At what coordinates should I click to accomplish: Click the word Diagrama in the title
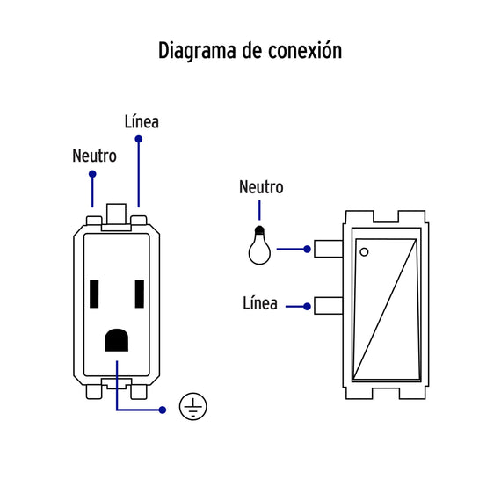point(197,51)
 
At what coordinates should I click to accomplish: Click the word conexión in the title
point(305,50)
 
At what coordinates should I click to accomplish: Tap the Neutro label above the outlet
point(94,156)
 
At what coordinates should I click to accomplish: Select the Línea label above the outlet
point(142,122)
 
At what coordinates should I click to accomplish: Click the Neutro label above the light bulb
point(261,187)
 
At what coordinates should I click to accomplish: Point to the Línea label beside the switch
point(260,303)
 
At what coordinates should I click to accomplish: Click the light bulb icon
point(259,245)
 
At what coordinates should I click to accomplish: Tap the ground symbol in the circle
point(193,406)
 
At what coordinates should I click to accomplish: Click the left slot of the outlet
point(94,294)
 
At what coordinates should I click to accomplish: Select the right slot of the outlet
point(140,294)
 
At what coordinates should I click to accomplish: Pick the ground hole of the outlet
point(117,340)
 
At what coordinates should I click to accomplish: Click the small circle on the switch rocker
point(364,252)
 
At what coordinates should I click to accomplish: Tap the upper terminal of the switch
point(329,249)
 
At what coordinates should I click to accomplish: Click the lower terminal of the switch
point(329,306)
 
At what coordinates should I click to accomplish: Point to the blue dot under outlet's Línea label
point(138,139)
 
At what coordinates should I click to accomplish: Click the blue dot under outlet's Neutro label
point(92,174)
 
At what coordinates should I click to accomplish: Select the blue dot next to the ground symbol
point(163,410)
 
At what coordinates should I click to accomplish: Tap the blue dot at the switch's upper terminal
point(307,250)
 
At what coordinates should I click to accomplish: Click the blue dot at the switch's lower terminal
point(307,307)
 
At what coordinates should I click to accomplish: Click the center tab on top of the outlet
point(116,214)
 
